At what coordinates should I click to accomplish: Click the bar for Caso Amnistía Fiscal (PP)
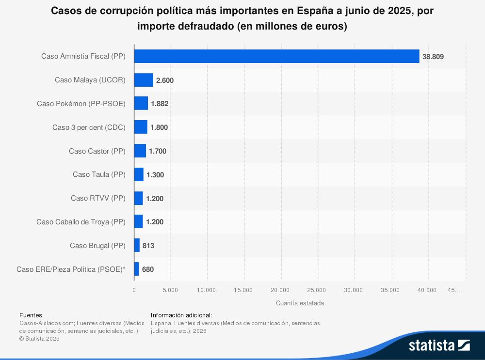(x=276, y=56)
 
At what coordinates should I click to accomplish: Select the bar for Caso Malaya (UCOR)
(x=144, y=80)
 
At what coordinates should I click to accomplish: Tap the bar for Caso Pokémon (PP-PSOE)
(x=141, y=103)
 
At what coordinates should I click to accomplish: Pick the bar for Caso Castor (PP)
(x=140, y=151)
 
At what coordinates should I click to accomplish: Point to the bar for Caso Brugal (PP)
(x=137, y=246)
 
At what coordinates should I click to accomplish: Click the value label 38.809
(x=433, y=57)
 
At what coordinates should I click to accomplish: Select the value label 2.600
(x=165, y=80)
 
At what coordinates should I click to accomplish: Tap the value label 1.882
(x=160, y=104)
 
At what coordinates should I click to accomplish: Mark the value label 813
(x=148, y=246)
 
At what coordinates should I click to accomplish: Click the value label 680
(x=148, y=269)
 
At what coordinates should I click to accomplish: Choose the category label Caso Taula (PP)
(x=99, y=174)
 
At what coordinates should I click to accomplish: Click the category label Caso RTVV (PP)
(x=98, y=198)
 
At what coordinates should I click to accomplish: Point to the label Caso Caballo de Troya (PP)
(x=81, y=222)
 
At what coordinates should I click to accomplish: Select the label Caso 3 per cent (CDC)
(x=89, y=127)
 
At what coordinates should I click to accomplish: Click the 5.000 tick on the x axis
(x=170, y=290)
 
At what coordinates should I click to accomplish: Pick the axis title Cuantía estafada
(x=300, y=303)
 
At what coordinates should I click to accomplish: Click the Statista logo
(x=439, y=345)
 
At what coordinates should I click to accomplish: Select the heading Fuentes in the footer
(x=31, y=315)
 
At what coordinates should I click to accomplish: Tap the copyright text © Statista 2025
(x=39, y=339)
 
